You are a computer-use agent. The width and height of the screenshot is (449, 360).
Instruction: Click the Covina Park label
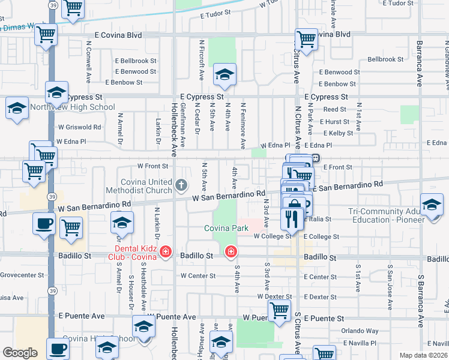click(x=226, y=229)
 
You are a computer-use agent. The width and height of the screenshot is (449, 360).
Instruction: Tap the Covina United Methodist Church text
click(x=148, y=185)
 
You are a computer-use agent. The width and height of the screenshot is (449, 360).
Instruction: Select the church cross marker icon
click(x=182, y=185)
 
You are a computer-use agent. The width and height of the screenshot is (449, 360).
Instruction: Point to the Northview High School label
click(x=80, y=107)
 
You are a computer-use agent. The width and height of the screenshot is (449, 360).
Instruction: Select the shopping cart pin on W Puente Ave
click(x=279, y=311)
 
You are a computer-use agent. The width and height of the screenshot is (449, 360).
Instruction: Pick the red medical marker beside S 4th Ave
click(x=230, y=252)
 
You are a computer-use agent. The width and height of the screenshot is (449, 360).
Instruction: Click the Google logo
click(x=20, y=352)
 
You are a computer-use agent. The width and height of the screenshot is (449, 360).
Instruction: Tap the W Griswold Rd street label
click(x=79, y=127)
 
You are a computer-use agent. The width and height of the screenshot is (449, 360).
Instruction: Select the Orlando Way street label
click(x=360, y=331)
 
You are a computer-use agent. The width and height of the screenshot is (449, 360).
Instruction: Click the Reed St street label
click(x=334, y=109)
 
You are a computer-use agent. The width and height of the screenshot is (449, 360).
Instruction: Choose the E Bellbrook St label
click(x=136, y=61)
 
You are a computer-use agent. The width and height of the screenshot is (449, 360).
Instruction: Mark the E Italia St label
click(x=318, y=220)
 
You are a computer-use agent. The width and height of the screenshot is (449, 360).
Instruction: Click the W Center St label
click(x=197, y=276)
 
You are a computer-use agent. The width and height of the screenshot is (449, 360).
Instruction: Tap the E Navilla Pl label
click(x=358, y=343)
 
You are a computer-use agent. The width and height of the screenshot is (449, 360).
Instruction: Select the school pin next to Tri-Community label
click(x=432, y=205)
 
